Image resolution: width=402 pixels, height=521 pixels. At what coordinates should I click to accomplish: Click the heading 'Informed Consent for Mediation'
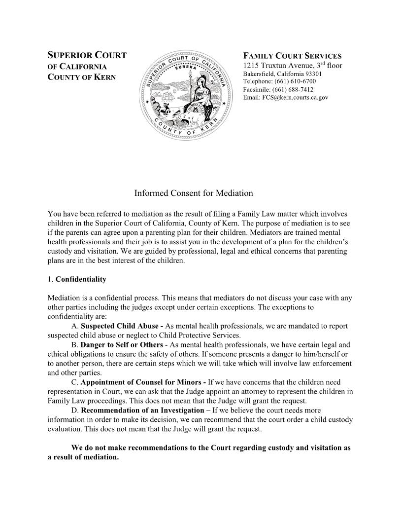[194, 193]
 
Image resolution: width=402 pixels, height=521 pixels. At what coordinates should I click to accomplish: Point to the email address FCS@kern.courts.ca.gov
[286, 97]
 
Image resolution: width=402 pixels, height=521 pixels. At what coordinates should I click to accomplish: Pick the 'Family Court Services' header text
[292, 56]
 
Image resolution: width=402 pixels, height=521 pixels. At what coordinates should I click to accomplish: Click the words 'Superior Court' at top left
[87, 56]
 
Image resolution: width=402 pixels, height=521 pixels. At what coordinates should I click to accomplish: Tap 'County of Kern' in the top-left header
[81, 77]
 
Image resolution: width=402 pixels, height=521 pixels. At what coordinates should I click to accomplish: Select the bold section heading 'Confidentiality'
[81, 279]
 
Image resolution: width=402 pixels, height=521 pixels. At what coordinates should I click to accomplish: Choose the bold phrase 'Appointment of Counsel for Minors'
[141, 382]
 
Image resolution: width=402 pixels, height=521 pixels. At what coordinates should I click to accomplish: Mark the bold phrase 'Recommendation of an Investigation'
[142, 410]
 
